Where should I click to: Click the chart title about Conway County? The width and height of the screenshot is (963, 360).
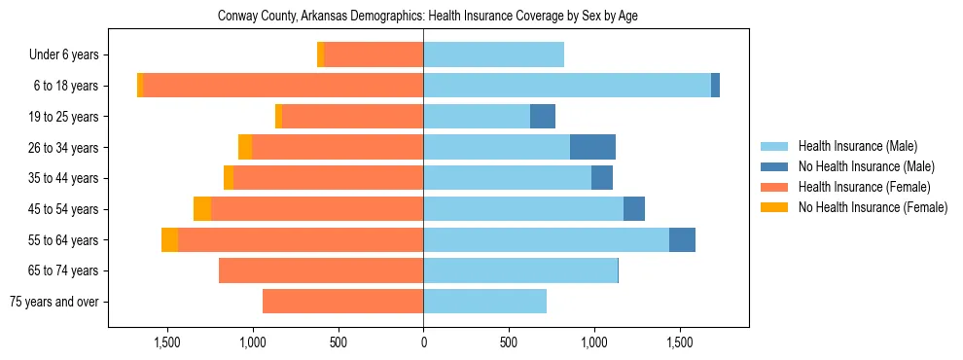pos(428,17)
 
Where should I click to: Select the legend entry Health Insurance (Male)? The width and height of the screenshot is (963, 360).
pos(857,146)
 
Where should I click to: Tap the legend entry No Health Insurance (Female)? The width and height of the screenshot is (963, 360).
pos(872,207)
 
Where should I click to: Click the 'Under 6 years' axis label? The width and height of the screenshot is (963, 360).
pos(63,55)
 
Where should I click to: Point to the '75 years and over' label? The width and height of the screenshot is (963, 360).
pos(54,302)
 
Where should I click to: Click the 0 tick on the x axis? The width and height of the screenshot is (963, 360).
pos(423,342)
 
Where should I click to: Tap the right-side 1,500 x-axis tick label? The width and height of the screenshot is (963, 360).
pos(679,342)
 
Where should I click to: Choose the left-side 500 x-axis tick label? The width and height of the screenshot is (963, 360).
pos(339,342)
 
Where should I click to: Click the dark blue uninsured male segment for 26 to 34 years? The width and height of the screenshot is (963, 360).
pos(592,147)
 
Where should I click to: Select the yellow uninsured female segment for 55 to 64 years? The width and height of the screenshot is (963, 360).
pos(169,239)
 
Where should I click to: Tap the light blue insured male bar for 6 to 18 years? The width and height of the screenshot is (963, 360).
pos(567,86)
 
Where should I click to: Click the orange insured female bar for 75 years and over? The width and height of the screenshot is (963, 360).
pos(342,302)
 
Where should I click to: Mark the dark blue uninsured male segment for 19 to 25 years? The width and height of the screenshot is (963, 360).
pos(543,117)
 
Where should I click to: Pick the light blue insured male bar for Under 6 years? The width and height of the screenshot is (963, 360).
pos(493,55)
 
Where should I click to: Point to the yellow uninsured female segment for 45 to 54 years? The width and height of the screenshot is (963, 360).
pos(202,209)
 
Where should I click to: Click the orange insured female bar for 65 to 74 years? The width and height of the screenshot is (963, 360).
pos(321,270)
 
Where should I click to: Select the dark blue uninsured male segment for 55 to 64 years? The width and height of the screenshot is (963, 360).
pos(682,239)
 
